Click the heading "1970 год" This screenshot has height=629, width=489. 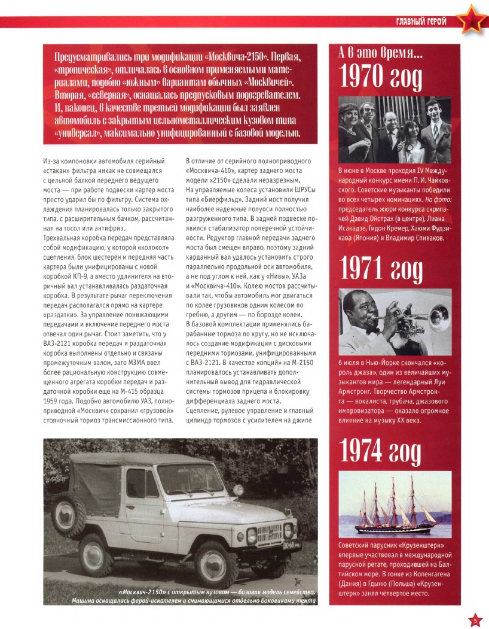(380, 75)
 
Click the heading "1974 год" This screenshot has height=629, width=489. (380, 452)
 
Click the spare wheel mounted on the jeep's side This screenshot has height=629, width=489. (69, 513)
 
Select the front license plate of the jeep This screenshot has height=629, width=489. (292, 546)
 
